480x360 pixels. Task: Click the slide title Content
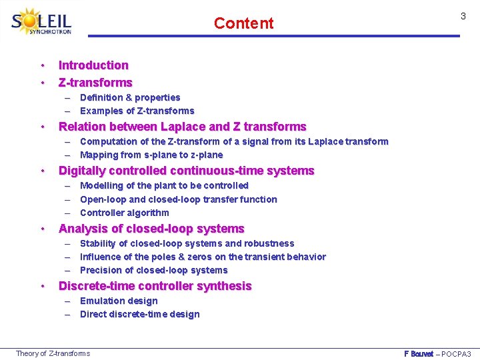coord(243,23)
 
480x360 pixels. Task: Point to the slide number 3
coord(463,15)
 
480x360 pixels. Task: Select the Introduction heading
coord(93,65)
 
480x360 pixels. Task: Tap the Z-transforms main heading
coord(95,83)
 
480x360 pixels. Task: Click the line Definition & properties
coord(130,97)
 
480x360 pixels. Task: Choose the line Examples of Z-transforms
coord(137,111)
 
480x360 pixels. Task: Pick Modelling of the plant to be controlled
coord(164,185)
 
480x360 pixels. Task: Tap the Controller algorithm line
coord(125,213)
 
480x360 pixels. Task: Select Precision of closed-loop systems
coord(153,270)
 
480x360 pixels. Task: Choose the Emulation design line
coord(119,301)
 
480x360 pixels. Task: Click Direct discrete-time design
coord(139,314)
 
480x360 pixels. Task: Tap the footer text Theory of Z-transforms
coord(53,353)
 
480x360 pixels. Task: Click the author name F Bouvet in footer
coord(419,353)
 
